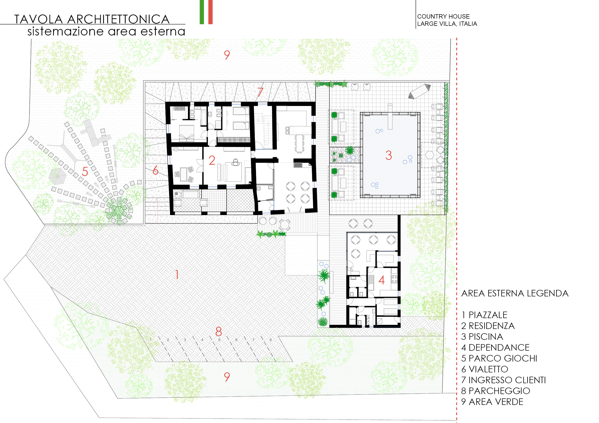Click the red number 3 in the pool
388,155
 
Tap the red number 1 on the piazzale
177,274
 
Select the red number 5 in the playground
85,171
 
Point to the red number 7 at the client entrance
260,92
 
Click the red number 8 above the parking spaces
219,332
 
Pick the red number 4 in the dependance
382,280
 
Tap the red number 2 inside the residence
212,160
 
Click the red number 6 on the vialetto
156,170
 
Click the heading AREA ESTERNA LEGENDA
515,293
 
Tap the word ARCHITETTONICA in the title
118,19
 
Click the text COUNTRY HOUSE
443,16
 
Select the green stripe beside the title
202,12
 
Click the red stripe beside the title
210,12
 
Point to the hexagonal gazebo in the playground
58,176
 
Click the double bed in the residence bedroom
186,133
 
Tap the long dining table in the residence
299,143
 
